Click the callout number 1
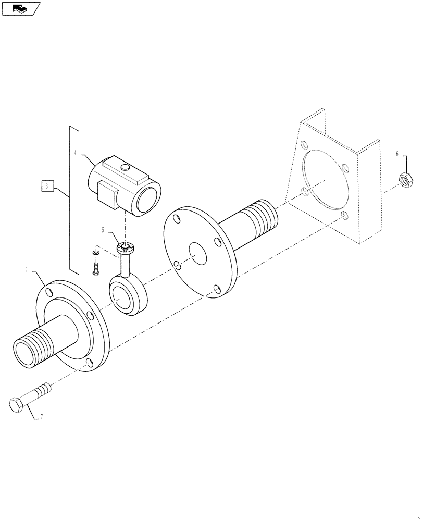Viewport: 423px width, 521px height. coord(27,270)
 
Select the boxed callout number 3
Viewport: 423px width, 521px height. coord(47,186)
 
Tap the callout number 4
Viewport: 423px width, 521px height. coord(75,153)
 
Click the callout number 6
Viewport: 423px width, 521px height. coord(397,154)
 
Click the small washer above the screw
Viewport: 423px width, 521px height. coord(95,253)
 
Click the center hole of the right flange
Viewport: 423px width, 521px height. coord(198,254)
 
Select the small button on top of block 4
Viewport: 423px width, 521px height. coord(125,167)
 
